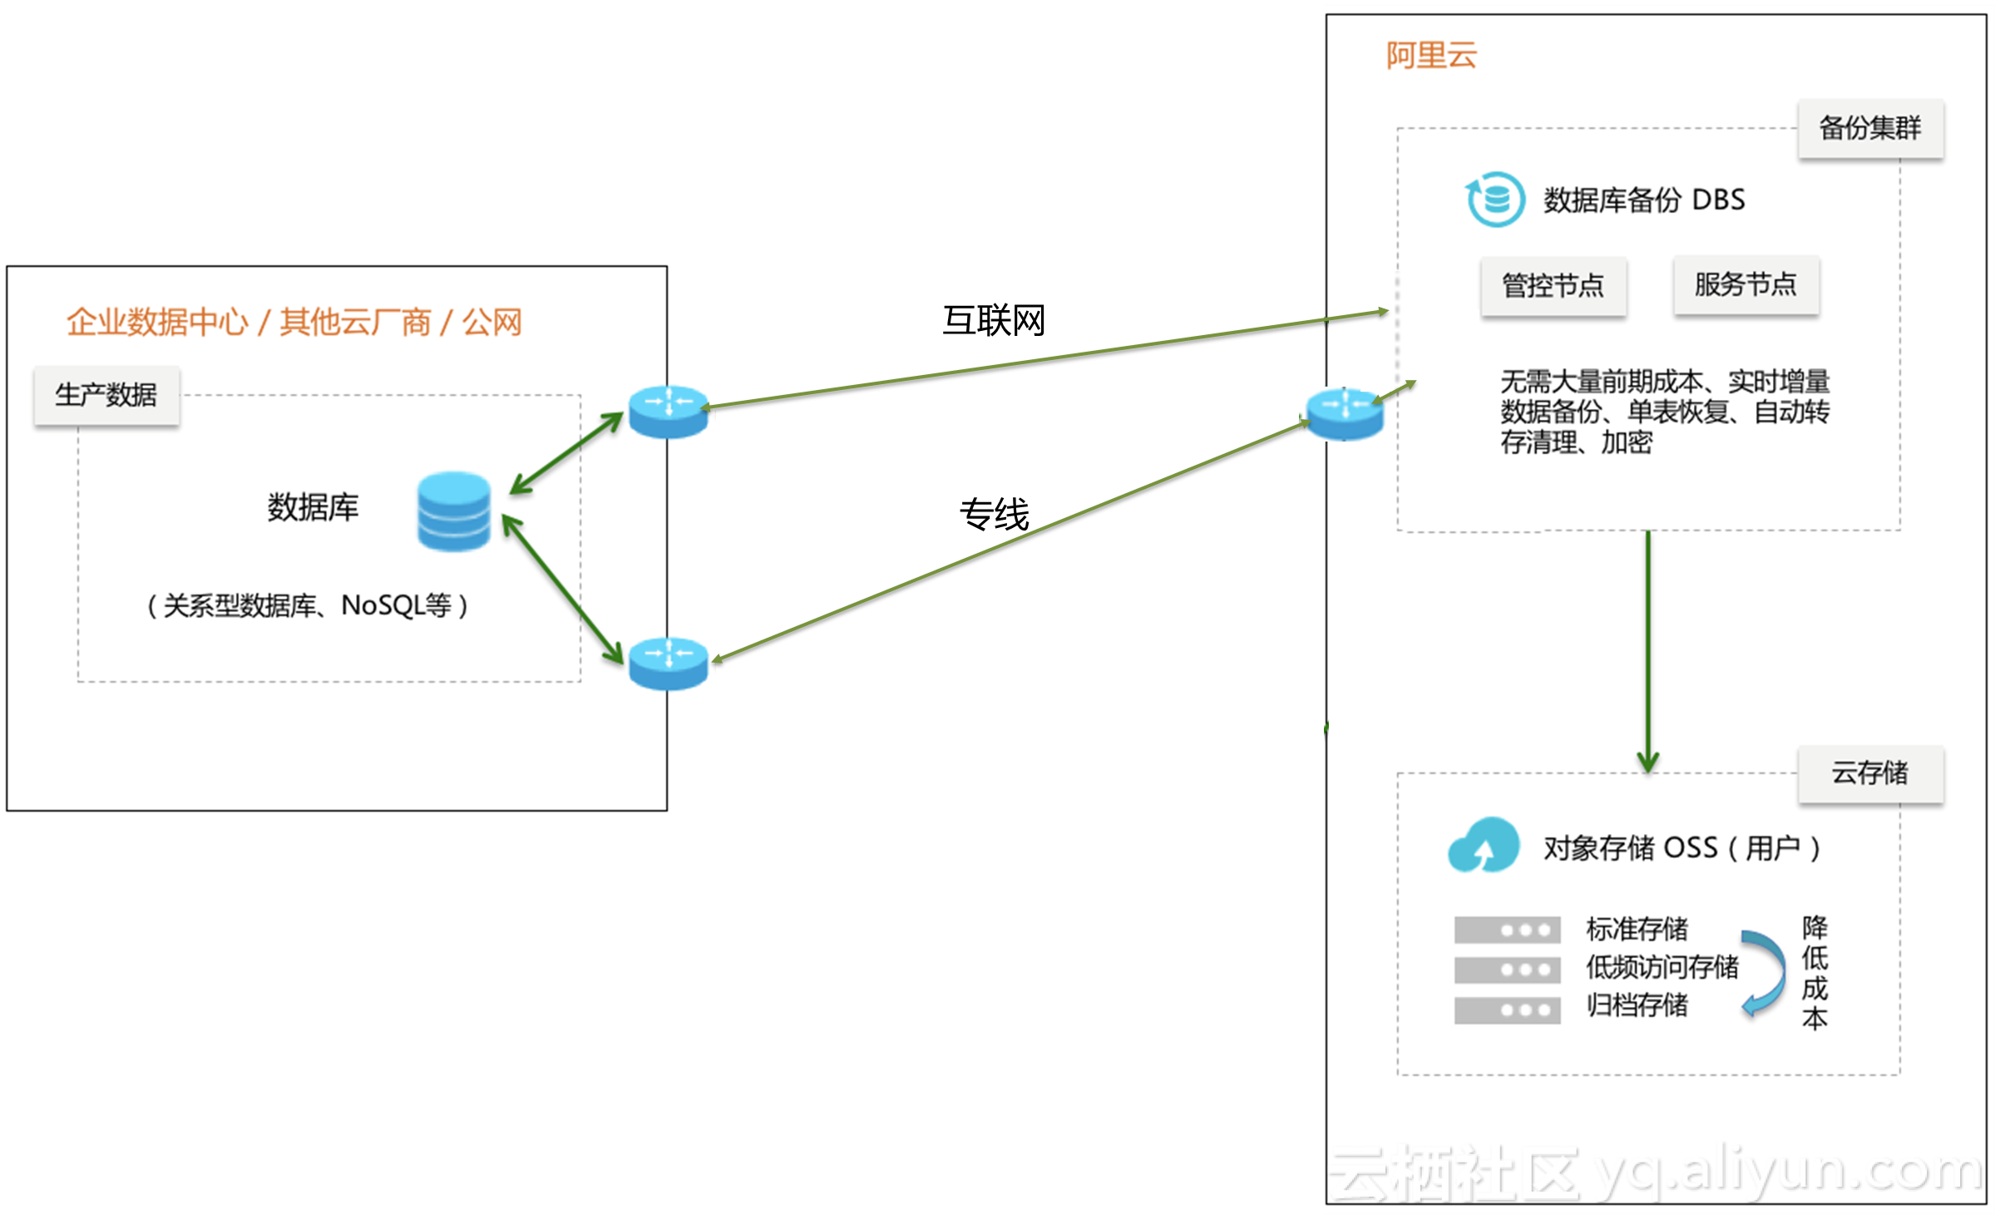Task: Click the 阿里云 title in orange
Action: pyautogui.click(x=1430, y=56)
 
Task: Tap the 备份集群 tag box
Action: pyautogui.click(x=1869, y=128)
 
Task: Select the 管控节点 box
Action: pyautogui.click(x=1553, y=286)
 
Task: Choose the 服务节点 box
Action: pyautogui.click(x=1746, y=285)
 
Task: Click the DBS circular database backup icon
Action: pyautogui.click(x=1495, y=200)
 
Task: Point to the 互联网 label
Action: pyautogui.click(x=993, y=321)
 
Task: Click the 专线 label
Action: pyautogui.click(x=994, y=514)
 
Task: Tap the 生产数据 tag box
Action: pyautogui.click(x=106, y=395)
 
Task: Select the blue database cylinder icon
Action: pyautogui.click(x=453, y=511)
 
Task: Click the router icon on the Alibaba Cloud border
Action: pyautogui.click(x=1345, y=413)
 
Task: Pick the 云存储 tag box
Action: pyautogui.click(x=1869, y=773)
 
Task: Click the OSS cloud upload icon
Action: pyautogui.click(x=1484, y=846)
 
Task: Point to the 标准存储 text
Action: pyautogui.click(x=1637, y=929)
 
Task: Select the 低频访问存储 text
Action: pyautogui.click(x=1662, y=967)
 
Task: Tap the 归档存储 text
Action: pyautogui.click(x=1637, y=1005)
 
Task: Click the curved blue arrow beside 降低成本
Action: pyautogui.click(x=1765, y=971)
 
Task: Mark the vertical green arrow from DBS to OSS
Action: pyautogui.click(x=1647, y=649)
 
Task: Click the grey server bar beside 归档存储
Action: pyautogui.click(x=1507, y=1009)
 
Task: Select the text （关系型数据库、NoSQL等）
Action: pyautogui.click(x=308, y=605)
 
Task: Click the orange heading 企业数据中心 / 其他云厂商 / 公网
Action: pyautogui.click(x=294, y=322)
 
